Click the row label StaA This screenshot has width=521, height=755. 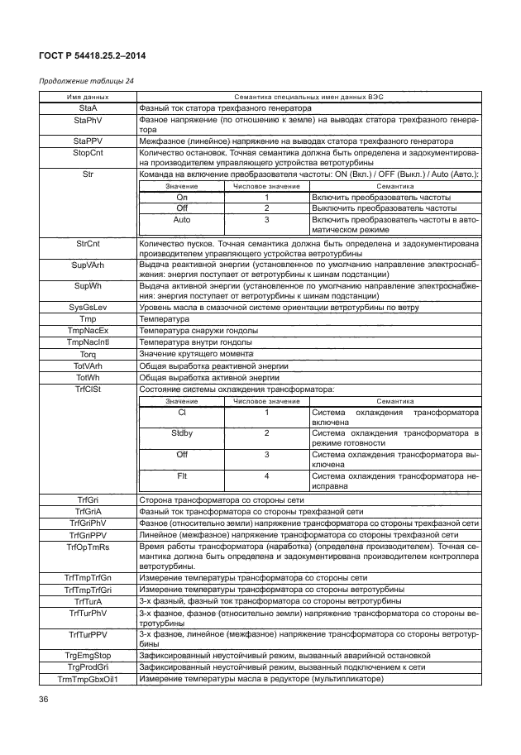pyautogui.click(x=87, y=108)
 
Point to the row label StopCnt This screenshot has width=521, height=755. pyautogui.click(x=87, y=153)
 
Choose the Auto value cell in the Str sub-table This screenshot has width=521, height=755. pyautogui.click(x=182, y=221)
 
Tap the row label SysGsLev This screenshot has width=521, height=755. pyautogui.click(x=87, y=307)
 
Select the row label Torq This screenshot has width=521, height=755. pyautogui.click(x=87, y=353)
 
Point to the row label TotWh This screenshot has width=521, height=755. pyautogui.click(x=87, y=376)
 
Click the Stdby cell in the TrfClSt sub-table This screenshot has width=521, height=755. pyautogui.click(x=182, y=432)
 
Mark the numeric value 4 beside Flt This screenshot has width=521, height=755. pyautogui.click(x=266, y=476)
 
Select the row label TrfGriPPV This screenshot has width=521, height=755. pyautogui.click(x=87, y=535)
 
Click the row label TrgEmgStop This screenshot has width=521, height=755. pyautogui.click(x=87, y=655)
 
